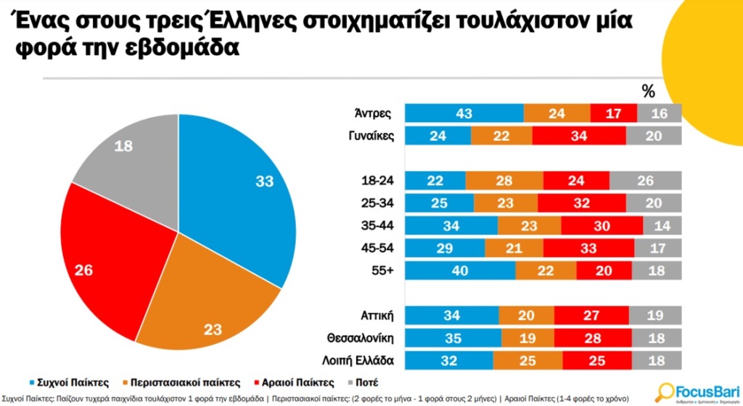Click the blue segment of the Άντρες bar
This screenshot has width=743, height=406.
(464, 113)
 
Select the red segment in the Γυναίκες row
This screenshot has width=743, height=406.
(578, 136)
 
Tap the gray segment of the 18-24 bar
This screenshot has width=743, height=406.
(645, 181)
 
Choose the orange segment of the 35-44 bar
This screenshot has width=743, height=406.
(529, 226)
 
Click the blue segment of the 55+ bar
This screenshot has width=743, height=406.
(460, 271)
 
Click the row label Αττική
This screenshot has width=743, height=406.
(377, 316)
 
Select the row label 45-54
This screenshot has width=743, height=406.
(378, 248)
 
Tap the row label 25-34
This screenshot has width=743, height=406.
(378, 203)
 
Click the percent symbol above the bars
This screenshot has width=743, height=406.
(649, 92)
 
